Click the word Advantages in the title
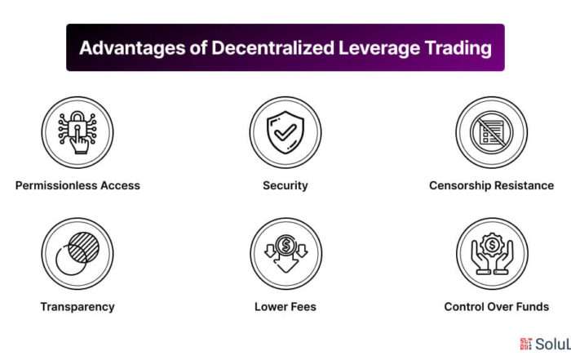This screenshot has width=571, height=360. click(132, 47)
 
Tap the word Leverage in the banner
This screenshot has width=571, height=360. click(378, 47)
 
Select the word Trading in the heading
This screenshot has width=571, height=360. click(458, 47)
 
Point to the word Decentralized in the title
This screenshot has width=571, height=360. click(272, 47)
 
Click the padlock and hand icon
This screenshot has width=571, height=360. click(77, 132)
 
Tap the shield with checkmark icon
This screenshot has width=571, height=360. click(285, 132)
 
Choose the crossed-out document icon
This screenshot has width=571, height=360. click(492, 132)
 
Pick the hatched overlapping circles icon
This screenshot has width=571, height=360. click(77, 254)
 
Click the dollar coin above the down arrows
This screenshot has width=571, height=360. click(285, 245)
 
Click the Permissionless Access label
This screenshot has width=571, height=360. click(77, 185)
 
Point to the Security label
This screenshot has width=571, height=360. click(285, 186)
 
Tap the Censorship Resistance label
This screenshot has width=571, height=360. click(492, 185)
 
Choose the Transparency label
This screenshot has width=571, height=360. click(77, 307)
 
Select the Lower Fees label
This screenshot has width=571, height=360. click(285, 307)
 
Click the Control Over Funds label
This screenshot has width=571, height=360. click(496, 307)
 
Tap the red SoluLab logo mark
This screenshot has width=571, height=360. click(526, 344)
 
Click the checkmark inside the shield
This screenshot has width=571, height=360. click(285, 132)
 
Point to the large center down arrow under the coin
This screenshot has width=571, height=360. click(285, 264)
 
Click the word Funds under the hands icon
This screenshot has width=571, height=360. click(532, 307)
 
